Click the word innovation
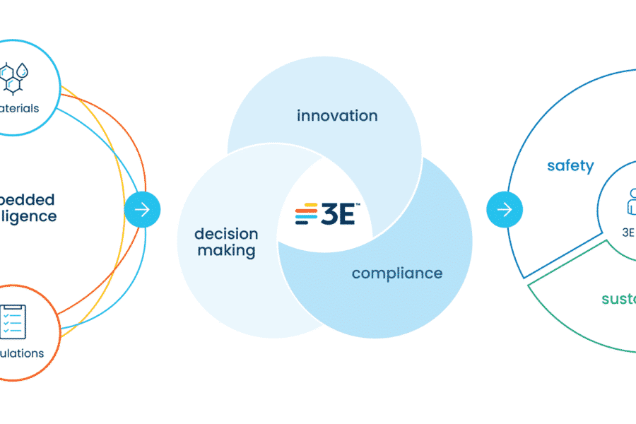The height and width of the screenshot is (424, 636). click(x=337, y=115)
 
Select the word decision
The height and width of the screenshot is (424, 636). click(x=226, y=234)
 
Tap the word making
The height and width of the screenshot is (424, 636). click(x=226, y=250)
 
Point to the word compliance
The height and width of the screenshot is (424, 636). click(x=397, y=273)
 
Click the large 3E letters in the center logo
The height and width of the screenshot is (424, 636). click(x=338, y=214)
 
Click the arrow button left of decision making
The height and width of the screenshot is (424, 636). click(x=142, y=209)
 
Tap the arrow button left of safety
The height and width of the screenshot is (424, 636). click(x=505, y=209)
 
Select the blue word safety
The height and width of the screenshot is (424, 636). click(x=570, y=166)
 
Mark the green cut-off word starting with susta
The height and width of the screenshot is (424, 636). click(x=618, y=299)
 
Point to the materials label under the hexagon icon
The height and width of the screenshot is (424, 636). click(x=20, y=108)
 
